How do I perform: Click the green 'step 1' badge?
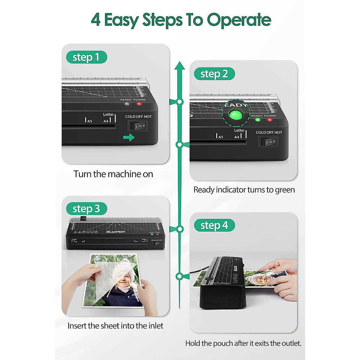click(x=86, y=57)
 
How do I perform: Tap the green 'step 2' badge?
click(x=214, y=74)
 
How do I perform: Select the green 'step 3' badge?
click(x=86, y=208)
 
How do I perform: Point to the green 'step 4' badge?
click(x=214, y=225)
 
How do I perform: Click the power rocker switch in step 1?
click(x=138, y=126)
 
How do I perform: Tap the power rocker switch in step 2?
click(x=268, y=142)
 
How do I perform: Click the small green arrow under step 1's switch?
click(x=129, y=138)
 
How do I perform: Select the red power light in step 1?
click(x=139, y=103)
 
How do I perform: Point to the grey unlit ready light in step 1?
click(x=127, y=104)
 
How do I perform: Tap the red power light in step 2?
click(x=270, y=120)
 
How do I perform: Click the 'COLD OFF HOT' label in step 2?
click(x=269, y=132)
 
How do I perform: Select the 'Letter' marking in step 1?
click(x=108, y=114)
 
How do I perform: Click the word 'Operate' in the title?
click(x=239, y=20)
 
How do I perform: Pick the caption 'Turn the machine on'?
click(x=113, y=174)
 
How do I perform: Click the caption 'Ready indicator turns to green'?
click(x=244, y=190)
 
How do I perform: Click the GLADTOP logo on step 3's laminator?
click(x=115, y=232)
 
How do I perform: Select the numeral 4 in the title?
click(x=96, y=20)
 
